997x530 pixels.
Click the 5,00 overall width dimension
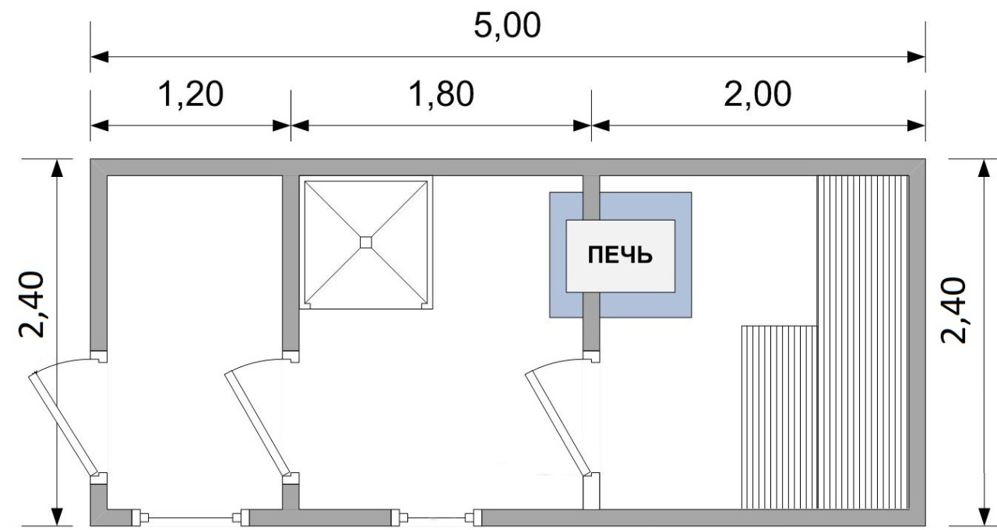[x=507, y=26]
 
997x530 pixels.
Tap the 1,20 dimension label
[x=191, y=94]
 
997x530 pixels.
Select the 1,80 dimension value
[x=441, y=94]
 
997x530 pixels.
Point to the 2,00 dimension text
[x=758, y=94]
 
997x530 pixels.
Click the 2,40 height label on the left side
[x=32, y=305]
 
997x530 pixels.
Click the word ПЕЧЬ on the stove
[x=620, y=255]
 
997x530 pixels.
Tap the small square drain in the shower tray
[x=365, y=242]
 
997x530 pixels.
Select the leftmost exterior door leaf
[x=63, y=423]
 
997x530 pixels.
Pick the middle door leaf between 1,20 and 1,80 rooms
[x=257, y=423]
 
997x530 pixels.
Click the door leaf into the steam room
[x=558, y=423]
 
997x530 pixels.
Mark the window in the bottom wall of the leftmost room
[x=191, y=518]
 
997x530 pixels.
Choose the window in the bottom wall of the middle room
[x=436, y=518]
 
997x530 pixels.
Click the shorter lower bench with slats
[x=780, y=417]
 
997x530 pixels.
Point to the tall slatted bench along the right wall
[x=862, y=342]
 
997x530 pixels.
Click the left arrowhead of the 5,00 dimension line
[x=100, y=57]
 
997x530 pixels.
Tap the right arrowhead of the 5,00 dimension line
[x=917, y=57]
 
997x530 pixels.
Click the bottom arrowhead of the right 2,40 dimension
[x=984, y=517]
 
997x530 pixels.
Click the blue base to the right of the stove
[x=683, y=255]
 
